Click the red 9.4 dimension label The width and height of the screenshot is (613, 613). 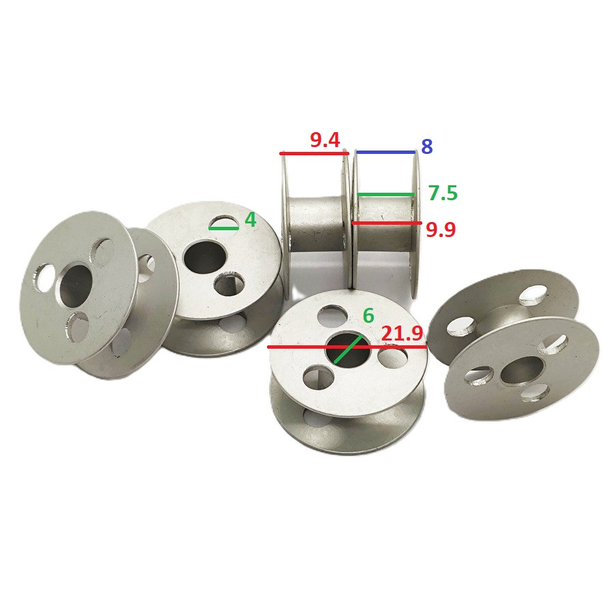point(325,140)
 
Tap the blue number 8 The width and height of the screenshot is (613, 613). point(426,146)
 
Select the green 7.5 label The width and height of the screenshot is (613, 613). point(443,193)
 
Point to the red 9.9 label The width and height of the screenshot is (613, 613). point(441,230)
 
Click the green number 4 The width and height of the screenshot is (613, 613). point(250,220)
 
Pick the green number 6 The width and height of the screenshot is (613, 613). point(368,315)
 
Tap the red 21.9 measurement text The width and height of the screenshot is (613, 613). point(402,334)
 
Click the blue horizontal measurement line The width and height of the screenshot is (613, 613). point(386,152)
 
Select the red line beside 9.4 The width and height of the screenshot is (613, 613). point(314,154)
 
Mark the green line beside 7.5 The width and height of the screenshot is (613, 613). point(386,194)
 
